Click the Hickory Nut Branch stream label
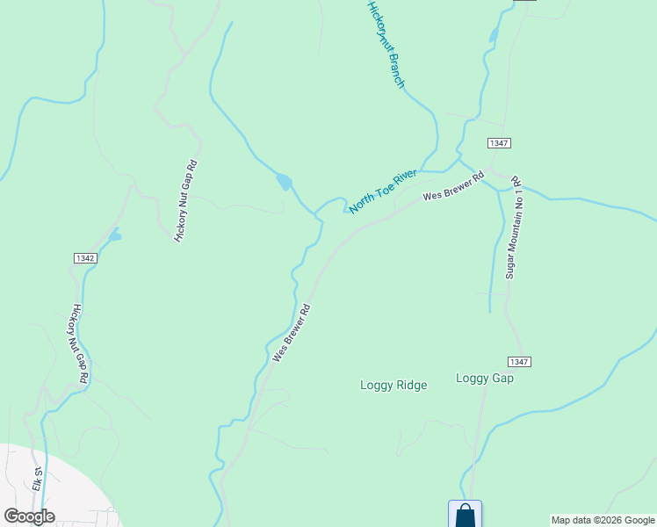coord(386,45)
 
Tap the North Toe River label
coord(382,192)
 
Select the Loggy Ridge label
coord(393,385)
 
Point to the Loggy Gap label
coord(485,378)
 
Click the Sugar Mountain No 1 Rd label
coord(512,227)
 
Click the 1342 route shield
coord(85,258)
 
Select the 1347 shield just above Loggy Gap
coord(519,362)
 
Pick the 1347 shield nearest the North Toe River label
coord(499,142)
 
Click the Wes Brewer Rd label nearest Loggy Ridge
coord(292,333)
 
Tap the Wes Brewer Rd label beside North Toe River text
coord(453,185)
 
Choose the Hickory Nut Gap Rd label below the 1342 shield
coord(80,343)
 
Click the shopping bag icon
coord(465,515)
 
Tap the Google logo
coord(29,516)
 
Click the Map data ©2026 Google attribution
coord(603,520)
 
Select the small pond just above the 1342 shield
coord(114,235)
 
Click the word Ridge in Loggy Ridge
coord(411,385)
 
